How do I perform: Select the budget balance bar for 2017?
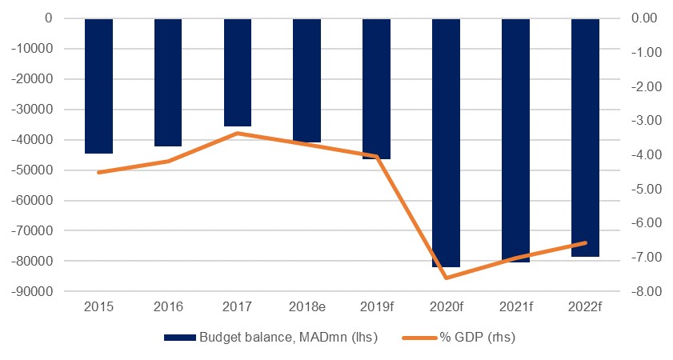click(238, 72)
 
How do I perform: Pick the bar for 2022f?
click(585, 137)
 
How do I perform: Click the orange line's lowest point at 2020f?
click(446, 278)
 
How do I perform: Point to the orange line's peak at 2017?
click(238, 133)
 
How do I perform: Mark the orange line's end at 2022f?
click(585, 242)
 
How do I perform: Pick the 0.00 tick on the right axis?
click(647, 18)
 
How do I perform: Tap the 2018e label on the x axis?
click(307, 306)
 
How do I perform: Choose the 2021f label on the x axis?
click(515, 306)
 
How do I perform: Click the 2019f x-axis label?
click(376, 306)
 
